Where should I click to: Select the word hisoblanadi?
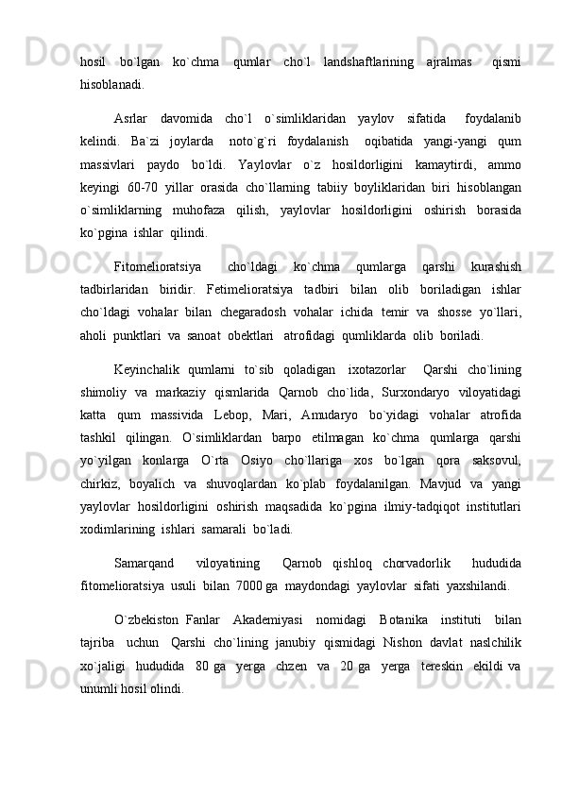click(x=112, y=84)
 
